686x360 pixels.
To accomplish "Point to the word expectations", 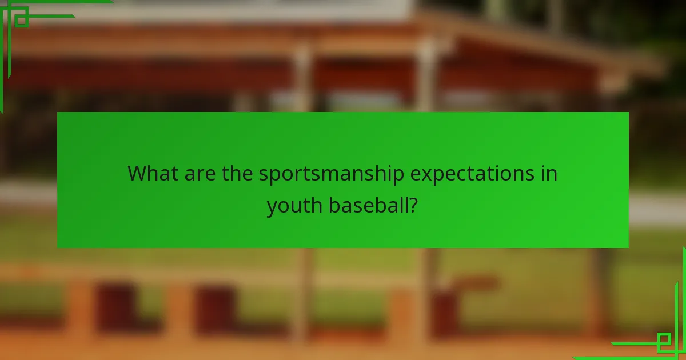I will pos(472,174).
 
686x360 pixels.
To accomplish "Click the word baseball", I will pos(368,205).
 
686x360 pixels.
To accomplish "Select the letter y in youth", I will pos(273,207).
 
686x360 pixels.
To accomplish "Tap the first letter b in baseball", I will pos(333,205).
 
